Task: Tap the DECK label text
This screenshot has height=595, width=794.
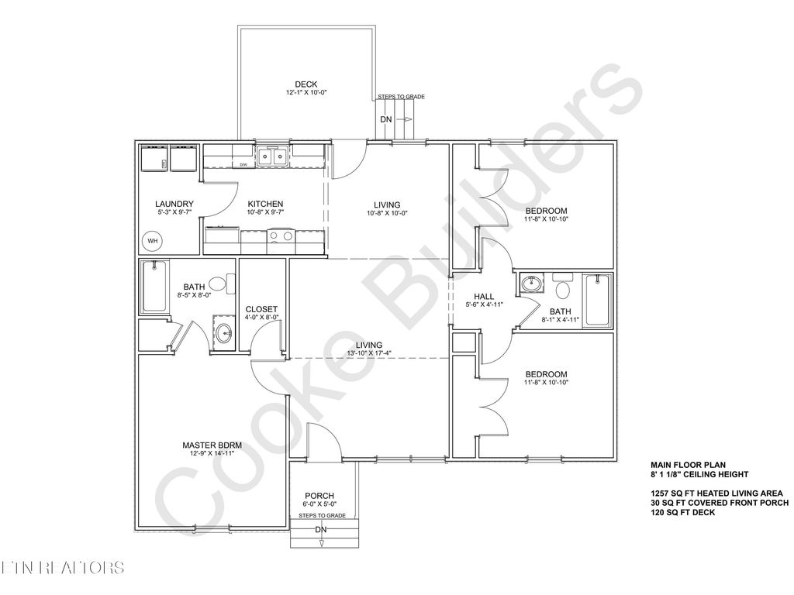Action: coord(306,84)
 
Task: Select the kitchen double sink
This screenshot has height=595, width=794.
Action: coord(273,157)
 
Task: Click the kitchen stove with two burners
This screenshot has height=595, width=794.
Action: coord(280,237)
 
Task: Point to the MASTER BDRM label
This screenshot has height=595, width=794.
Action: coord(212,445)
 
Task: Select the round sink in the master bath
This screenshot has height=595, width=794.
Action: coord(224,335)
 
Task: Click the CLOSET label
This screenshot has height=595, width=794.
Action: coord(261,309)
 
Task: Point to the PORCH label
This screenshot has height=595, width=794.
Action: coord(319,497)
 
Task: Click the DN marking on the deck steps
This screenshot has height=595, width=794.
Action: coord(386,119)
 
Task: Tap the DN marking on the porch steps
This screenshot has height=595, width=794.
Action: coord(321,530)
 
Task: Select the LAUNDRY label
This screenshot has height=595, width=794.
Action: coord(174,205)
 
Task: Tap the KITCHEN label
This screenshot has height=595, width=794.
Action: coord(265,205)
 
